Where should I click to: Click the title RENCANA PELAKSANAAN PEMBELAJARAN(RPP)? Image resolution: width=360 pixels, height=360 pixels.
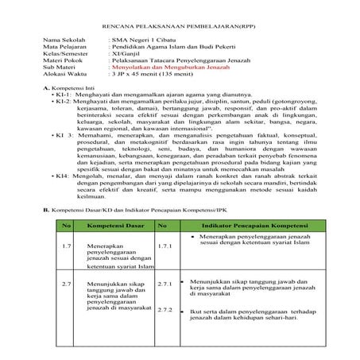[x=180, y=16]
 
